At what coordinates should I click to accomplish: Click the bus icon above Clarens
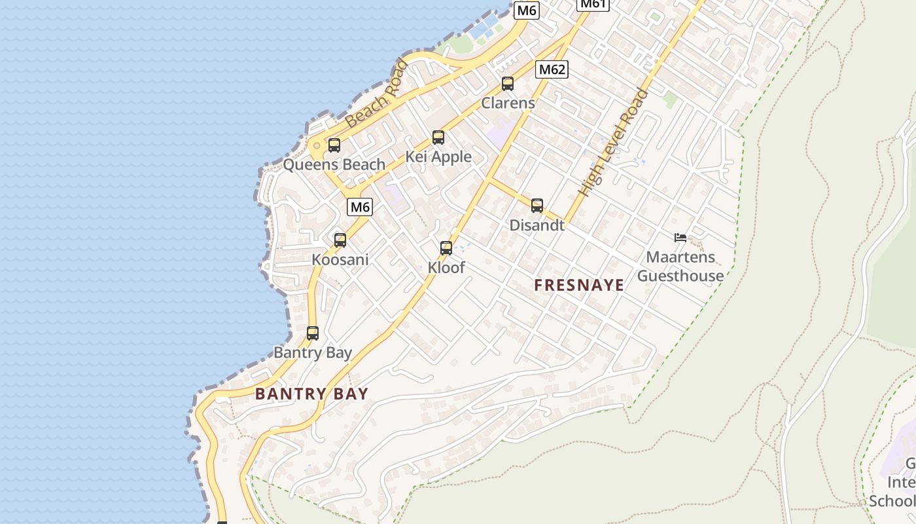point(508,84)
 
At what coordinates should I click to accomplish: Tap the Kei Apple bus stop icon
point(438,138)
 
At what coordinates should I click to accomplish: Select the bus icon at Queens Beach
point(334,145)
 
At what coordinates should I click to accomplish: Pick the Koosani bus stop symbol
point(340,240)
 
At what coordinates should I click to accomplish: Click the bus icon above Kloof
point(446,248)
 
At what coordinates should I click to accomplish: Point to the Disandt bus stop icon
point(537,206)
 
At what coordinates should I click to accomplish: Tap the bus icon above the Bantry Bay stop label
point(313,333)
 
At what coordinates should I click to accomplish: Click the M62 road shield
point(552,69)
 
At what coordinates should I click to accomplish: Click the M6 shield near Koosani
point(360,207)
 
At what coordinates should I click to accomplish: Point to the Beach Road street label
point(376,94)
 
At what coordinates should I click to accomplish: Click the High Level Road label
point(614,142)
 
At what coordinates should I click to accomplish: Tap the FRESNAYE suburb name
point(579,286)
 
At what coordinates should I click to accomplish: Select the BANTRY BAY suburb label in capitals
point(311,394)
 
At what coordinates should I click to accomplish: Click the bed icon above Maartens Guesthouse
point(680,238)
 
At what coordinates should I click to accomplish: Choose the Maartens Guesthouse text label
point(680,267)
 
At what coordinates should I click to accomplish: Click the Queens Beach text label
point(334,164)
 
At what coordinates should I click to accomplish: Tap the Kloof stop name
point(446,267)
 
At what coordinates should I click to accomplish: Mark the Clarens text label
point(508,103)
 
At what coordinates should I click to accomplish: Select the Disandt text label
point(537,225)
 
